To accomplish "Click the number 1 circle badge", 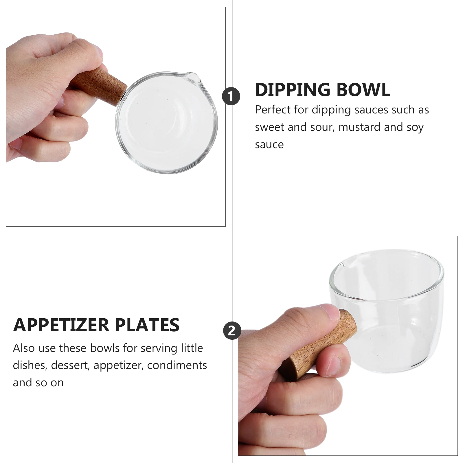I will pyautogui.click(x=231, y=96).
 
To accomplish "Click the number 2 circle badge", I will pyautogui.click(x=232, y=330).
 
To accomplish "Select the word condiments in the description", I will pyautogui.click(x=177, y=365).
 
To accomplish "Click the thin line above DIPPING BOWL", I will pyautogui.click(x=288, y=69).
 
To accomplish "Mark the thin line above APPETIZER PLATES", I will pyautogui.click(x=48, y=304).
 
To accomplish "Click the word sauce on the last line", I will pyautogui.click(x=269, y=145).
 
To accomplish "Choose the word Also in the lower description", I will pyautogui.click(x=24, y=348).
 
